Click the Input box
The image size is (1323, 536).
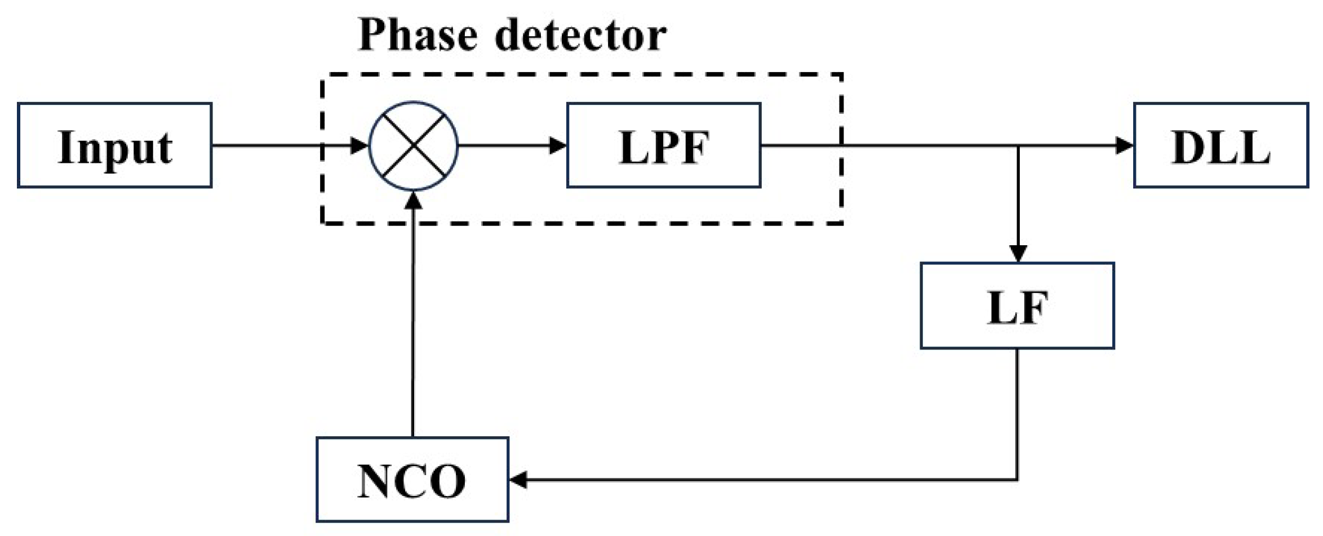coord(114,145)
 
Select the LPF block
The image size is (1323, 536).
coord(663,145)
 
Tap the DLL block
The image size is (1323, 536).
coord(1220,145)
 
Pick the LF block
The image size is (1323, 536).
coord(1017,305)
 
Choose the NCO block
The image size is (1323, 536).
coord(412,480)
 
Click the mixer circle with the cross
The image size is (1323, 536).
coord(413,145)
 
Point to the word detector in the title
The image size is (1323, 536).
coord(580,36)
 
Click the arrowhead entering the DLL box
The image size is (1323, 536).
coord(1125,145)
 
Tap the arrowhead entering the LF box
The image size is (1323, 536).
coord(1018,254)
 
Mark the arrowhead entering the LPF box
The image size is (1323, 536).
coord(558,145)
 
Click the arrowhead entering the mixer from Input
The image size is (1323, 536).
coord(359,145)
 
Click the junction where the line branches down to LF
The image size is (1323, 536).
coord(1018,146)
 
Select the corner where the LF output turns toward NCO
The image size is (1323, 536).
coord(1017,480)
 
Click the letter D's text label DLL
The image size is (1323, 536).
coord(1220,148)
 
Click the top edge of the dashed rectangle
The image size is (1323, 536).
coord(580,74)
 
